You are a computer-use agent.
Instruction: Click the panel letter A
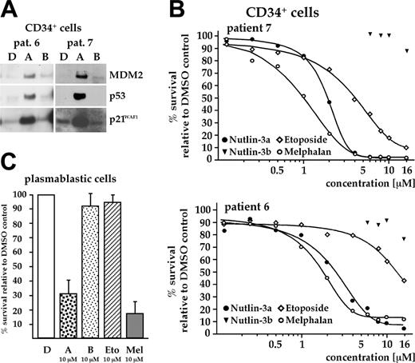10,10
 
